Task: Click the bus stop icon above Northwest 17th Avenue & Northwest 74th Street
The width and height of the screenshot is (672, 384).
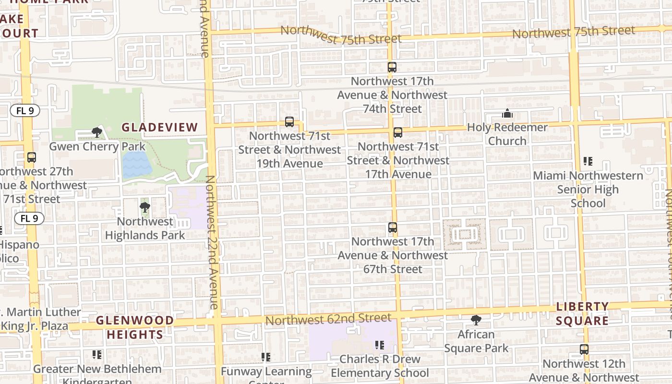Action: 392,67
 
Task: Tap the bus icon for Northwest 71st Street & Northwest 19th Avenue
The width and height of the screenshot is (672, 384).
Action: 289,122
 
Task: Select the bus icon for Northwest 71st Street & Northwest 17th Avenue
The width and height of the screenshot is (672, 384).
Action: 397,132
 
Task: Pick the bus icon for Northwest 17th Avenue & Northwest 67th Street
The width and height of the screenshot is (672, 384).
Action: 393,228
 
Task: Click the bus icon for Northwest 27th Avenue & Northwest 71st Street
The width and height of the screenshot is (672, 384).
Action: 32,157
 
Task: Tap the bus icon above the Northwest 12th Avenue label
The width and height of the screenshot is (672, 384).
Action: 584,349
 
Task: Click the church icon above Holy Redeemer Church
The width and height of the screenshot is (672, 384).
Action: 507,114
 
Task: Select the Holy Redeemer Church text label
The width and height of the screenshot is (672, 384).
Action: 507,134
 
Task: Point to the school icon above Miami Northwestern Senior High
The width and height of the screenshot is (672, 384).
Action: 588,161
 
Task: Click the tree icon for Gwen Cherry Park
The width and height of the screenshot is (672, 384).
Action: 97,132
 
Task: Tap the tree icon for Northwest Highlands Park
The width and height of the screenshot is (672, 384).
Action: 144,207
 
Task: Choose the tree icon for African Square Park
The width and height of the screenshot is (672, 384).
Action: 476,320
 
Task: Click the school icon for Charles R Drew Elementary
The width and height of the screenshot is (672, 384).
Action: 380,345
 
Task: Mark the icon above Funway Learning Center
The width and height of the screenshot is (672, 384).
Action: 266,357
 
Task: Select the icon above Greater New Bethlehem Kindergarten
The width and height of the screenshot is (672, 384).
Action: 97,355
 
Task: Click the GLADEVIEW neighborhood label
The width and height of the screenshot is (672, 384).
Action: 159,127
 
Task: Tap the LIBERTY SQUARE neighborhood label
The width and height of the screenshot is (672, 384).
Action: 582,313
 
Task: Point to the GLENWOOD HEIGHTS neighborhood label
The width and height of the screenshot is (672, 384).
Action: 135,327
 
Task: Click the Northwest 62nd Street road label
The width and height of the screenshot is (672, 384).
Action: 328,319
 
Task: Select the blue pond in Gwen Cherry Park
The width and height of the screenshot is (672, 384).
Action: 137,164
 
